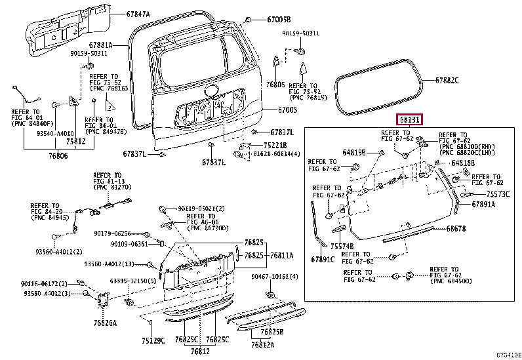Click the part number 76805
point(275,85)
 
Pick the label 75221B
point(277,145)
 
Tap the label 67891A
point(483,205)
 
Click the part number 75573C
point(498,194)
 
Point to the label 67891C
point(323,259)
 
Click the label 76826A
point(105,323)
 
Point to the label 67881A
point(102,45)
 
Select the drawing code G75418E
point(507,355)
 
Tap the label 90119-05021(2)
point(201,209)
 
